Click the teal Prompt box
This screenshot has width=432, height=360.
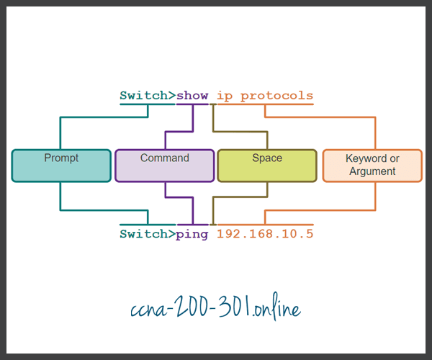pyautogui.click(x=61, y=165)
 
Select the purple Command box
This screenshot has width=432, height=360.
pyautogui.click(x=164, y=165)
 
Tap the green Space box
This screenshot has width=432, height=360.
pyautogui.click(x=266, y=165)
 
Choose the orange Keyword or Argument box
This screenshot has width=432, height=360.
pyautogui.click(x=372, y=165)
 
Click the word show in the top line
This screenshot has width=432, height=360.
pyautogui.click(x=192, y=95)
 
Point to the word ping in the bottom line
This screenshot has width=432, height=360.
pyautogui.click(x=192, y=234)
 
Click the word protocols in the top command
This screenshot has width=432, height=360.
pyautogui.click(x=277, y=95)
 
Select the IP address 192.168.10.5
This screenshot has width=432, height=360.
pyautogui.click(x=265, y=234)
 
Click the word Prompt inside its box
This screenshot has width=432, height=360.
pyautogui.click(x=61, y=158)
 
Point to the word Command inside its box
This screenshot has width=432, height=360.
pyautogui.click(x=164, y=158)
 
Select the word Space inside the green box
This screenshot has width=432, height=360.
pyautogui.click(x=266, y=158)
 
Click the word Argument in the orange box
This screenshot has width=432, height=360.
pyautogui.click(x=372, y=171)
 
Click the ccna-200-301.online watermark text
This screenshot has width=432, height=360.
pyautogui.click(x=216, y=309)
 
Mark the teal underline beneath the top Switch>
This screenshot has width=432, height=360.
pyautogui.click(x=148, y=104)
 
